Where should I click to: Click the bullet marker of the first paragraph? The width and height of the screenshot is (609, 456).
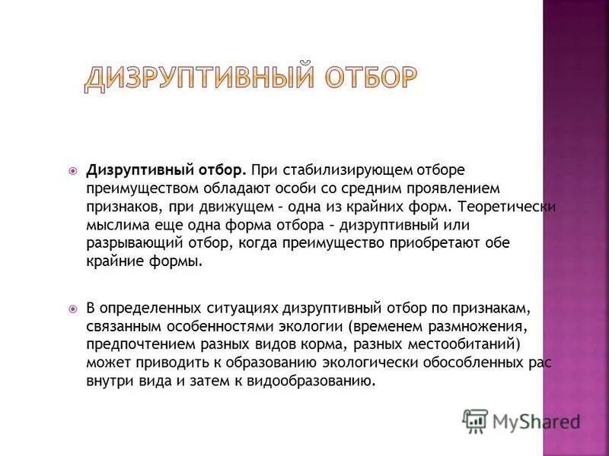[x=73, y=169]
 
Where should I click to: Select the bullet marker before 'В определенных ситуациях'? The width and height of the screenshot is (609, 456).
[x=73, y=309]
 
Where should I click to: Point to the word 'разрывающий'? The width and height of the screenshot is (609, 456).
[x=128, y=243]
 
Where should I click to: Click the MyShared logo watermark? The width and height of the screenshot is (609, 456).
[x=521, y=420]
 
